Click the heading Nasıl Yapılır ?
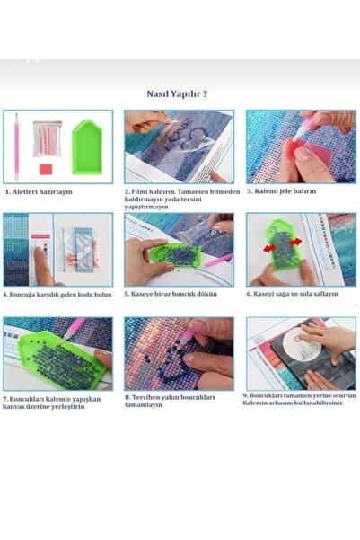tap(177, 93)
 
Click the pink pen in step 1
tap(16, 146)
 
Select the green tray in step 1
tap(87, 146)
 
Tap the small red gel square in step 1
tap(46, 169)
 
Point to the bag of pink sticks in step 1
tap(48, 138)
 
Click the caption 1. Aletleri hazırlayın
tap(39, 191)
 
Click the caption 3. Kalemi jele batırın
tap(281, 191)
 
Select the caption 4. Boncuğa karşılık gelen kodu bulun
tap(57, 295)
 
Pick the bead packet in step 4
tap(84, 250)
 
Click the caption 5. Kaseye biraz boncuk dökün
tap(171, 294)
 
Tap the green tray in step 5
tap(176, 255)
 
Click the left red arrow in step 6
tap(269, 247)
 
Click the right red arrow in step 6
tap(295, 242)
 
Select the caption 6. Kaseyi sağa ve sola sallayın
tap(292, 294)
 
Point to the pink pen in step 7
tap(72, 330)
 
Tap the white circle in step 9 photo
tap(303, 342)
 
